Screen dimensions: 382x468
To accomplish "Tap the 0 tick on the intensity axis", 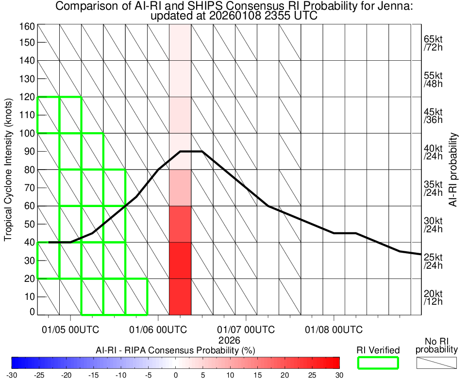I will pyautogui.click(x=32, y=312).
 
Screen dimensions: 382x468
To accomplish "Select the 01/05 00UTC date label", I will pyautogui.click(x=71, y=330).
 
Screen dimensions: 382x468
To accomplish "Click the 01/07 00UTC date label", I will pyautogui.click(x=246, y=330).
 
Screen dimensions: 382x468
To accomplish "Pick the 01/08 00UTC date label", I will pyautogui.click(x=334, y=330).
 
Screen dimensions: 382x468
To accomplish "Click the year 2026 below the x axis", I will pyautogui.click(x=229, y=340).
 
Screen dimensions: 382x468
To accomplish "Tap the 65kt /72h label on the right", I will pyautogui.click(x=433, y=43).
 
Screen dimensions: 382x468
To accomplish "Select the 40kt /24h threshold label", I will pyautogui.click(x=433, y=152).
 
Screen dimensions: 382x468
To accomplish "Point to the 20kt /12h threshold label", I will pyautogui.click(x=433, y=298).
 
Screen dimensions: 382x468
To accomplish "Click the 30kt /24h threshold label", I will pyautogui.click(x=433, y=225).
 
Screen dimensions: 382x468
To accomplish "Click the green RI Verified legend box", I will pyautogui.click(x=378, y=363).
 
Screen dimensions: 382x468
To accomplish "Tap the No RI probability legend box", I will pyautogui.click(x=436, y=363).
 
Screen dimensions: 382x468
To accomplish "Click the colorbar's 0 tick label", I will pyautogui.click(x=176, y=375).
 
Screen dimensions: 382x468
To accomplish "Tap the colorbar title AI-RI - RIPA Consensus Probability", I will pyautogui.click(x=176, y=350).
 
